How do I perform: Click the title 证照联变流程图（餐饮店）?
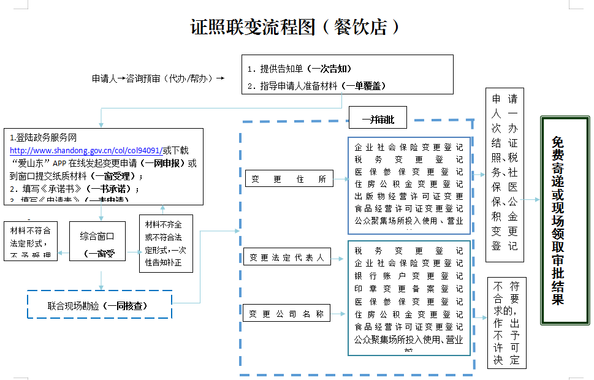pos(296,27)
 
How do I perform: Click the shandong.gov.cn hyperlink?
pos(85,150)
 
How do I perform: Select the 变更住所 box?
pos(289,179)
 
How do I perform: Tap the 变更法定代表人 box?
pos(287,257)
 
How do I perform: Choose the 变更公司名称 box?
pos(286,314)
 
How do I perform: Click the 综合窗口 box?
pos(97,241)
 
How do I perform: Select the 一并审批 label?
pos(378,120)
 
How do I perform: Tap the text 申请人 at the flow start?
pos(104,78)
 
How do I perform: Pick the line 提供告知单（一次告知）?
pos(300,69)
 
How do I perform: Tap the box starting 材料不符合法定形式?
pos(31,241)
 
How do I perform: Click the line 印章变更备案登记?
pos(408,288)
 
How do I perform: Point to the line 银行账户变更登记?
pos(408,276)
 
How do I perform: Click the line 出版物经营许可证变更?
pos(408,196)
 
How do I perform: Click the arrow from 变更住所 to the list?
pos(341,179)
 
